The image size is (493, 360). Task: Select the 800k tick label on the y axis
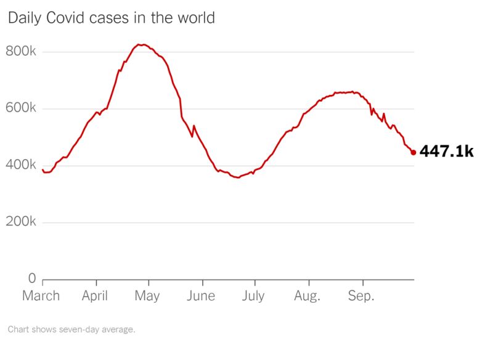[21, 52]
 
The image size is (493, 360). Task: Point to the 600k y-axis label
[21, 108]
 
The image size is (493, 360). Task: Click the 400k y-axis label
[21, 165]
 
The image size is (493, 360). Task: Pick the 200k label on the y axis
[21, 222]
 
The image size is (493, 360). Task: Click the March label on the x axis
[41, 297]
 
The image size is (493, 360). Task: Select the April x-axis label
[95, 297]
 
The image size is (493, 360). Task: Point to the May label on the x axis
[147, 297]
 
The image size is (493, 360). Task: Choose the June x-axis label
[200, 297]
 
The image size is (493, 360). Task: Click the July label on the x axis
[253, 297]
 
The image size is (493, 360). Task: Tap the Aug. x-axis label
[307, 297]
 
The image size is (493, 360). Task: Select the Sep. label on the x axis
[361, 297]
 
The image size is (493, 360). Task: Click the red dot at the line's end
[413, 152]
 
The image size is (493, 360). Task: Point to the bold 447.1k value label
[446, 152]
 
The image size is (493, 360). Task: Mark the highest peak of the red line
[141, 44]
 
